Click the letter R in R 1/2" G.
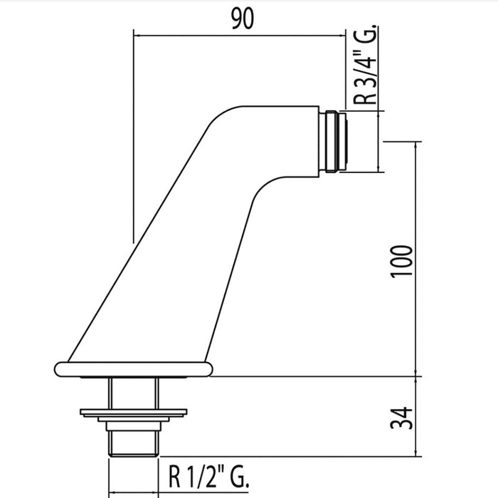tap(174, 472)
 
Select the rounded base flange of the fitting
tap(133, 369)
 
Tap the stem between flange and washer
tap(133, 391)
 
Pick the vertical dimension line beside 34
tap(415, 415)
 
